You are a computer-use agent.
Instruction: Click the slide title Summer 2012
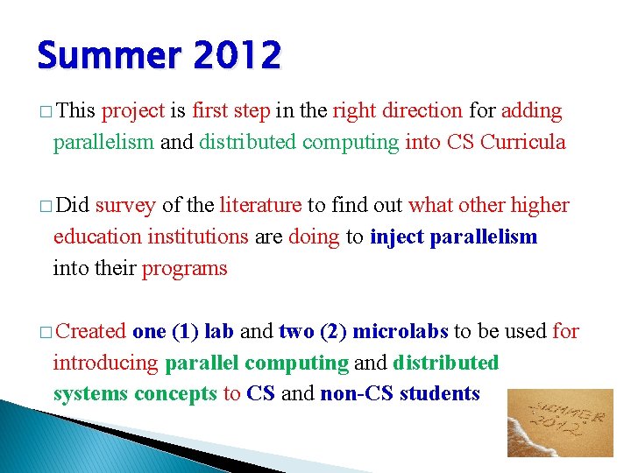coord(159,56)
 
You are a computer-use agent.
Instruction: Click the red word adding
coord(532,111)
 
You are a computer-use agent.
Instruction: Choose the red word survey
coord(125,206)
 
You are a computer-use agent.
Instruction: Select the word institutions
coord(198,237)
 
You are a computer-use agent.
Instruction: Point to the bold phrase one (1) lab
coord(182,332)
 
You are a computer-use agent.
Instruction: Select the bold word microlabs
coord(400,332)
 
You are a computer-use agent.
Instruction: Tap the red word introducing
coord(106,363)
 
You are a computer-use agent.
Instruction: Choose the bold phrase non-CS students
coord(400,394)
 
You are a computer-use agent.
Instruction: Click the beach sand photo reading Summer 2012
coord(560,422)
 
